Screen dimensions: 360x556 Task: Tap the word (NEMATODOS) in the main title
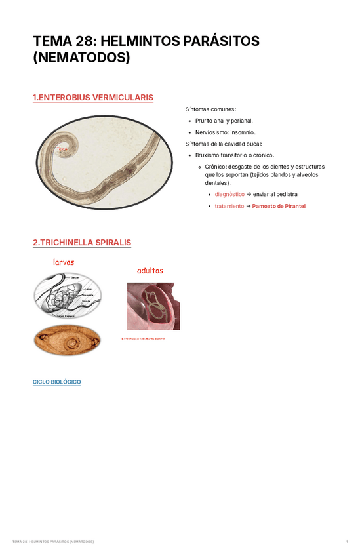point(81,58)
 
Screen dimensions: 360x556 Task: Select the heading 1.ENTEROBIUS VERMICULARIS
point(92,98)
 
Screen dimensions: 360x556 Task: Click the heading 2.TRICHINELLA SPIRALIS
point(81,243)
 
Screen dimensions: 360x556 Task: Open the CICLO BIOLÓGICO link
point(56,382)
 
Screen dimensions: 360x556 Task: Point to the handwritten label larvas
point(64,262)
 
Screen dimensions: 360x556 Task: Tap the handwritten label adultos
point(150,270)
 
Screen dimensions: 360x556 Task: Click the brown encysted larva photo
point(67,340)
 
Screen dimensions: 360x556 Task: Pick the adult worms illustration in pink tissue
point(153,306)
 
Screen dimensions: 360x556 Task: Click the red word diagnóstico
point(230,194)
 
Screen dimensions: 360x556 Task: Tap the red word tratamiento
point(229,206)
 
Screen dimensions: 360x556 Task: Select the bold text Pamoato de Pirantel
point(279,206)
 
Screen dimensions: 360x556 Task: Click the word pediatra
point(285,194)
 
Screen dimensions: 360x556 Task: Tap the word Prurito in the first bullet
point(206,121)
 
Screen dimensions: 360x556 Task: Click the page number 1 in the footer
point(346,542)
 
